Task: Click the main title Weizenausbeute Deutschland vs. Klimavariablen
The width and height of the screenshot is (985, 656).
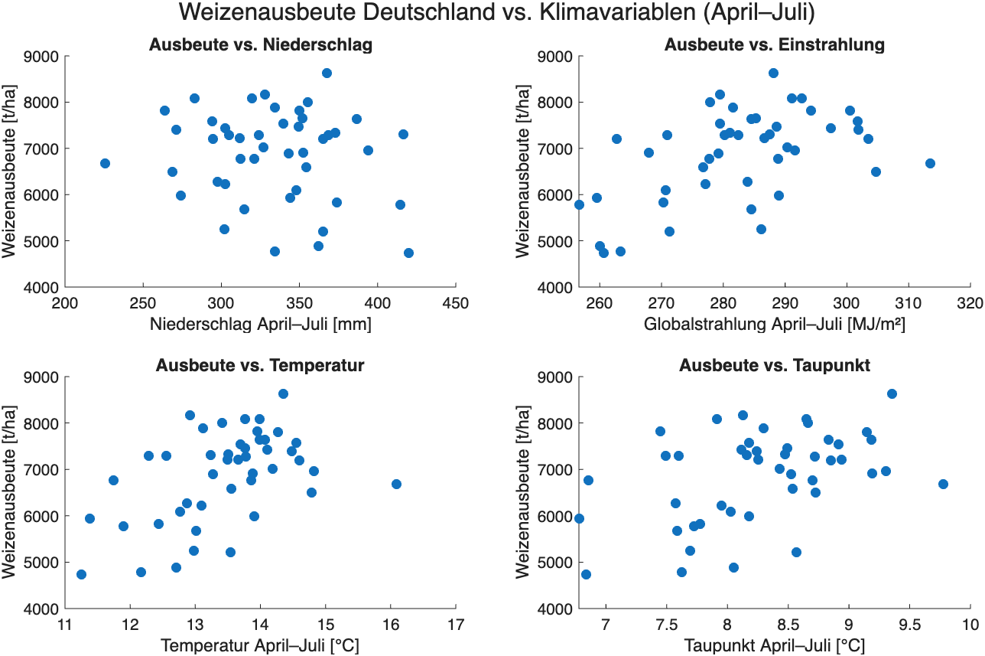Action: [x=492, y=13]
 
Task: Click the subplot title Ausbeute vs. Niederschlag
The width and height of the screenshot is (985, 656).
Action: [x=260, y=45]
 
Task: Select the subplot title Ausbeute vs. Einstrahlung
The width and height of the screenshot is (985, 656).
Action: [x=774, y=45]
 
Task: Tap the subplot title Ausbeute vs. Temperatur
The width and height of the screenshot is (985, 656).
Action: [x=260, y=366]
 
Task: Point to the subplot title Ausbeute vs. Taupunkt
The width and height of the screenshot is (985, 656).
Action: [x=774, y=366]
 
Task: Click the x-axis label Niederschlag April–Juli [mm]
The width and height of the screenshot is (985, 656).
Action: [x=260, y=325]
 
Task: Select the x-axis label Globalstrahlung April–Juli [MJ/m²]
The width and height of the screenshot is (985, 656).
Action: [x=774, y=325]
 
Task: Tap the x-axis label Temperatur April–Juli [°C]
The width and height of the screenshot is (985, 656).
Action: [x=260, y=645]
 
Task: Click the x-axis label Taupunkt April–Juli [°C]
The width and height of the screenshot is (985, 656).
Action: [x=774, y=645]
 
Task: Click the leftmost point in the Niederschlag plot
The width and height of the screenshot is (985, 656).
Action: [x=105, y=163]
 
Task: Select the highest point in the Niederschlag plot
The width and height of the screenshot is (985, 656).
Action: [x=327, y=73]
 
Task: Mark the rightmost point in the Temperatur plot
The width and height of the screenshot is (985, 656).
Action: [x=396, y=484]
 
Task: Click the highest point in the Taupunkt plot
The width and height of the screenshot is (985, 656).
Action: [x=892, y=393]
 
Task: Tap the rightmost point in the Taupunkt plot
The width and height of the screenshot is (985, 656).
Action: [x=943, y=484]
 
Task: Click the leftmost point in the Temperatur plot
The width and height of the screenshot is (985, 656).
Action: [x=81, y=574]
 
